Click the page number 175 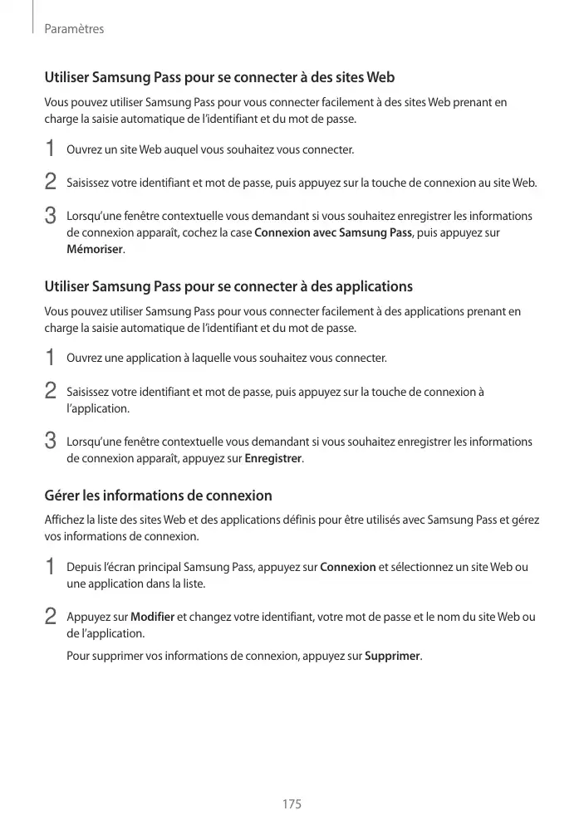[x=292, y=804]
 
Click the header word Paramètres [x=74, y=29]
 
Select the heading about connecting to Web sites [x=219, y=78]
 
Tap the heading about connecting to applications [x=228, y=287]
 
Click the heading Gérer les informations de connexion [x=158, y=496]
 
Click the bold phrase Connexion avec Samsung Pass [x=333, y=232]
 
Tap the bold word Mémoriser [x=95, y=249]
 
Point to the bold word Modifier [x=152, y=618]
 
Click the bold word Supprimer [x=393, y=657]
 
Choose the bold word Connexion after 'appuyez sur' [x=347, y=568]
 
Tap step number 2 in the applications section [x=51, y=390]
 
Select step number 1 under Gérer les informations [x=51, y=568]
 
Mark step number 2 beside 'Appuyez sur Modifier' [x=51, y=618]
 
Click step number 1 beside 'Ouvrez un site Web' [x=51, y=149]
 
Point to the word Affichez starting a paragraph [x=65, y=520]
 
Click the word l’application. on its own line [x=97, y=408]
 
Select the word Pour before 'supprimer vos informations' [x=76, y=657]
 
